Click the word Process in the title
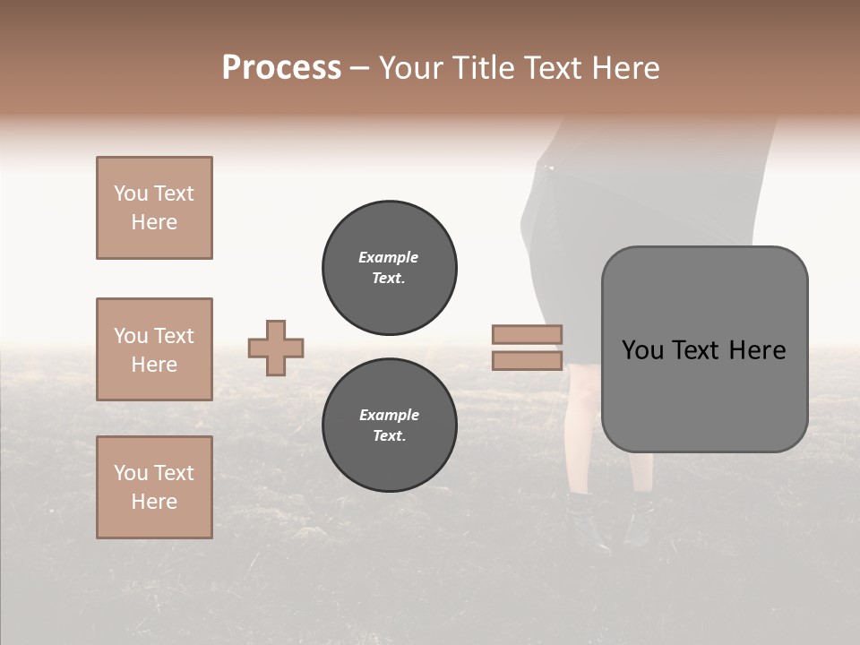tap(281, 68)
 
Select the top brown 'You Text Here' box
tap(154, 208)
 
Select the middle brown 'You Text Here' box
tap(154, 349)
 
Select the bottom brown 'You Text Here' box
tap(154, 487)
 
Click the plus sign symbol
tap(276, 348)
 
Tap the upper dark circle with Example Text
tap(390, 268)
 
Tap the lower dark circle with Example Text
tap(390, 426)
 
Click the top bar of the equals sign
tap(528, 334)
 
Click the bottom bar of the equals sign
tap(528, 361)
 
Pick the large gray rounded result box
tap(704, 349)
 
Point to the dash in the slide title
tap(359, 69)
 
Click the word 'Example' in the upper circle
tap(389, 257)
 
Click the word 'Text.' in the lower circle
tap(389, 436)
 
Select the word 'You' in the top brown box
tap(130, 193)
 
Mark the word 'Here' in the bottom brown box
tap(154, 502)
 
